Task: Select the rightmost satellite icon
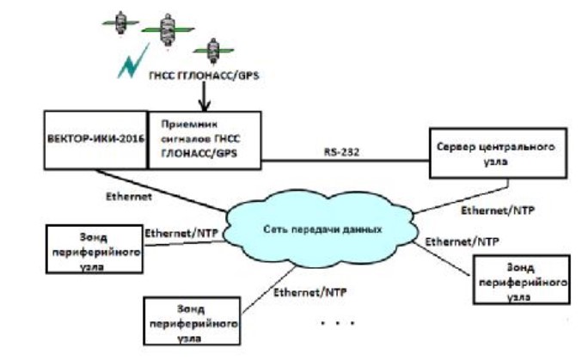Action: click(x=208, y=49)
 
